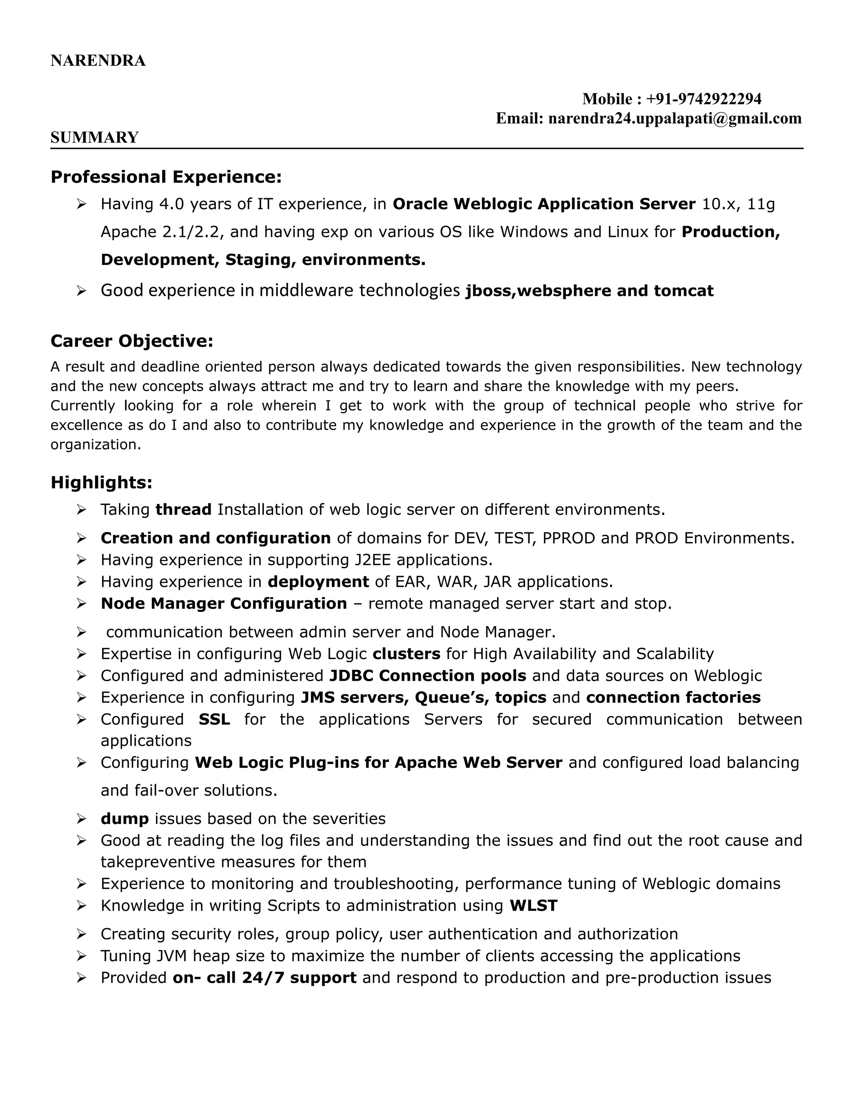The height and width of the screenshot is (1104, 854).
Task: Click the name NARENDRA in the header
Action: [x=98, y=61]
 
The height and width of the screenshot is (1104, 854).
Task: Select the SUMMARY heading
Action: [x=94, y=137]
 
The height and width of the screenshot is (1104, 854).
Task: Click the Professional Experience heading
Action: [x=166, y=177]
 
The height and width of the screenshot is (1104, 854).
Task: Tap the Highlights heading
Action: [x=101, y=482]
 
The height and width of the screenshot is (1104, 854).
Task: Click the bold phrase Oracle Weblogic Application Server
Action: [x=544, y=204]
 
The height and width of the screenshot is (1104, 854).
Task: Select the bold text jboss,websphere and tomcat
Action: [x=589, y=291]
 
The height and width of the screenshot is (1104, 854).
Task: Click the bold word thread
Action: [x=183, y=510]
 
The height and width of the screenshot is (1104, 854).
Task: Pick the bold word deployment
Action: [x=318, y=582]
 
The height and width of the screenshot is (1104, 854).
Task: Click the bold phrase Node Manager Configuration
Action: [x=224, y=604]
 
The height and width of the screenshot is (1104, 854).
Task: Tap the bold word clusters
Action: [x=406, y=654]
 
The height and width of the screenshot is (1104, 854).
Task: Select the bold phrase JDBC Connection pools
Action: [x=427, y=676]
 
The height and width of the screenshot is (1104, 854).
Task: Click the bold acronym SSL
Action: [x=214, y=719]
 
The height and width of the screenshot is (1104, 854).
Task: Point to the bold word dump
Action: [x=124, y=819]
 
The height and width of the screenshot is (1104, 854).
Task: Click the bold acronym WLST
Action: [x=533, y=905]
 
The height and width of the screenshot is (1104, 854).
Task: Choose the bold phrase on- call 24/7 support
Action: [x=265, y=978]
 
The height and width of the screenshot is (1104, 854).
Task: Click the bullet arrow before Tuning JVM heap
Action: [x=81, y=957]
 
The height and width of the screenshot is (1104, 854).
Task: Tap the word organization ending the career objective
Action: [x=95, y=445]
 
